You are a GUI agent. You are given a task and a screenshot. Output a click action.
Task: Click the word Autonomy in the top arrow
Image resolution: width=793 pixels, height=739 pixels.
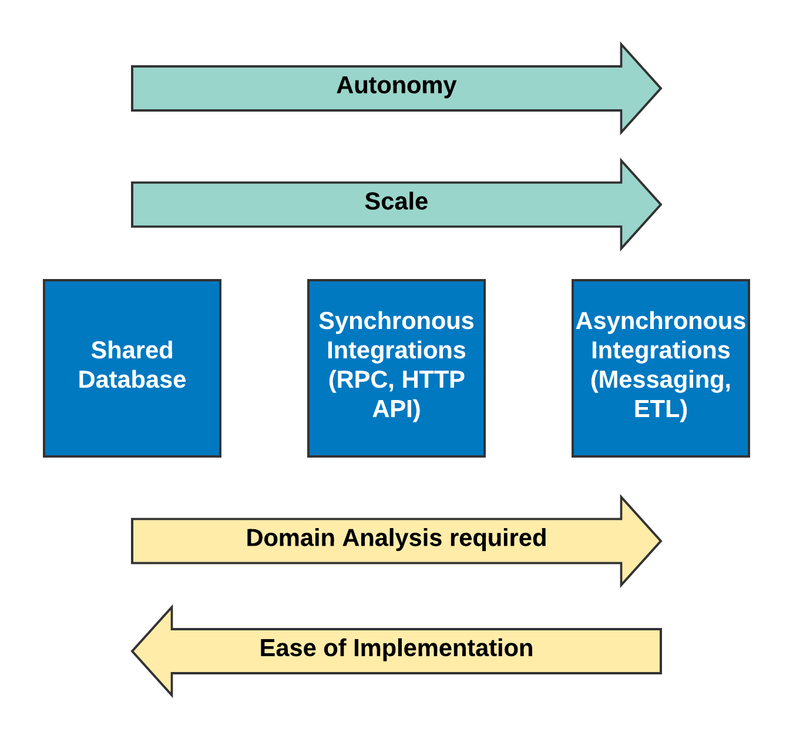coord(396,86)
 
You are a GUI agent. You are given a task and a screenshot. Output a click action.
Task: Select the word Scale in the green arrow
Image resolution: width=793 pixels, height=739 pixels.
coord(396,201)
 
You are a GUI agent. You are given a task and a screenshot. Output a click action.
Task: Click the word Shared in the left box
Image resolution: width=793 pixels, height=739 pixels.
coord(132,350)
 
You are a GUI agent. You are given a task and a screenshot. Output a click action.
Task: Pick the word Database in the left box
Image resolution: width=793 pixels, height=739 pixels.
coord(132,379)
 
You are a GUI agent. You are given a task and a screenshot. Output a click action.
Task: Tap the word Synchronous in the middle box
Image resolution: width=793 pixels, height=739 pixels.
coord(396,321)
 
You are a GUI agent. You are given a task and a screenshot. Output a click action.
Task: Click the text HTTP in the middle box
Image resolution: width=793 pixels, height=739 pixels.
coord(433,379)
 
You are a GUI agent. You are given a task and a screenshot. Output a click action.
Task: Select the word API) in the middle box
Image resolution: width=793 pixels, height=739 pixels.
coord(396,409)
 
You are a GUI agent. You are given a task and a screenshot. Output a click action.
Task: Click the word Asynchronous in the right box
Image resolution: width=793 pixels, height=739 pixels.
coord(661,321)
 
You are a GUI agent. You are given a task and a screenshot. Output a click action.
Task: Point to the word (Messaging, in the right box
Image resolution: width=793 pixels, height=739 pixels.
coord(661,380)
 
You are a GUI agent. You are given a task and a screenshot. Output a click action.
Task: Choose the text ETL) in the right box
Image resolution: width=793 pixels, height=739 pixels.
coord(661,409)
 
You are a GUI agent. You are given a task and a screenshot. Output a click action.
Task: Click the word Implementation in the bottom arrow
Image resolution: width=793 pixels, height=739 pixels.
coord(443,649)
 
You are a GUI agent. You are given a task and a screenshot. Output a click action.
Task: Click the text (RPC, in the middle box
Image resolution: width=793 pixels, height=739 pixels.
coord(361,380)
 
